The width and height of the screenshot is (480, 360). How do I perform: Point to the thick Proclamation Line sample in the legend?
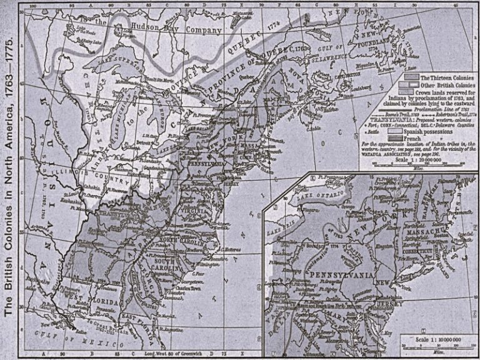pos(382,108)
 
